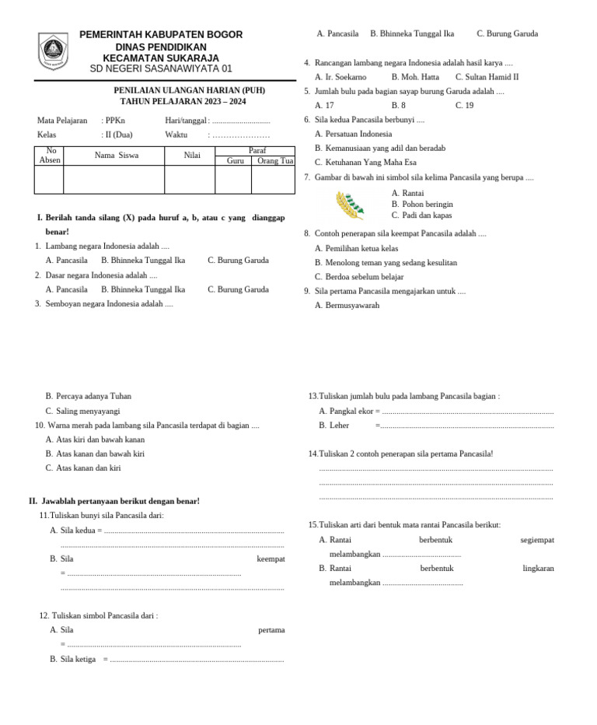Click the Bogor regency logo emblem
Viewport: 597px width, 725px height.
click(x=53, y=51)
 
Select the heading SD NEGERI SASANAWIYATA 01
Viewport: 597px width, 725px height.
click(x=161, y=68)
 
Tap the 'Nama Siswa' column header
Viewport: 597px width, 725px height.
click(x=117, y=156)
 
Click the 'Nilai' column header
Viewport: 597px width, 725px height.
click(x=192, y=156)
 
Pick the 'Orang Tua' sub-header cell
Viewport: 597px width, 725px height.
click(x=274, y=161)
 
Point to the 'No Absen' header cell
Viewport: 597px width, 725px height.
click(x=50, y=156)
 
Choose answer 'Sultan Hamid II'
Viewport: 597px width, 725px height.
click(x=487, y=77)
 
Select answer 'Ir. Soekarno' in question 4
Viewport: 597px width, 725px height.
click(x=340, y=77)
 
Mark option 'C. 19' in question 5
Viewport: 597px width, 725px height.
click(x=464, y=106)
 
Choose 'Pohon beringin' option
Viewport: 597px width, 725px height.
click(x=427, y=205)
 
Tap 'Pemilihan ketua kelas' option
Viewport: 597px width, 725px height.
click(x=361, y=248)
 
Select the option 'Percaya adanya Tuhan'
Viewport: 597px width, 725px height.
click(x=93, y=396)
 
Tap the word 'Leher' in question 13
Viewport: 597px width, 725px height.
click(x=339, y=426)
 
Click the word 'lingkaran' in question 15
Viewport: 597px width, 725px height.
click(x=538, y=569)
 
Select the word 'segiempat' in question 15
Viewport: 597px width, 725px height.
click(x=537, y=540)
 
